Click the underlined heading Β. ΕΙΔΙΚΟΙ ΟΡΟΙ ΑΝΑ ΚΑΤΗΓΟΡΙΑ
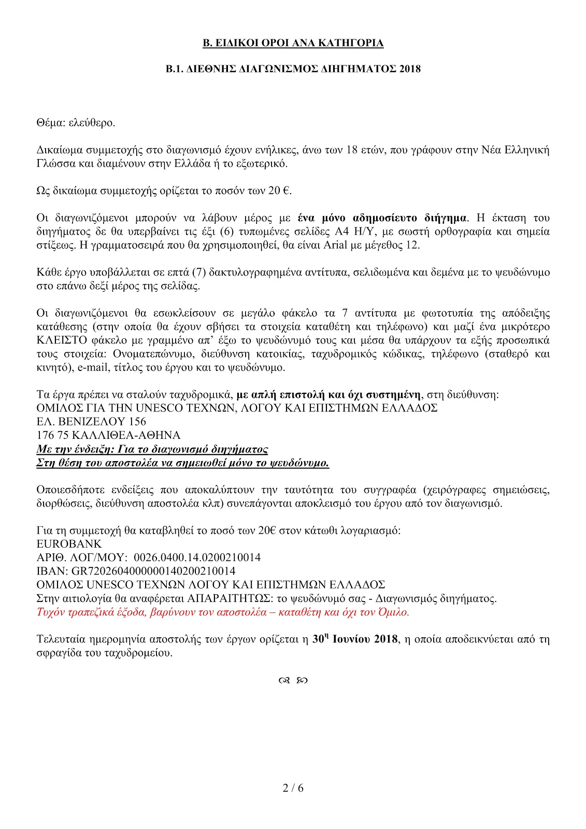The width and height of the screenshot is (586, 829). click(293, 43)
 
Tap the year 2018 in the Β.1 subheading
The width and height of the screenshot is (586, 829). click(410, 69)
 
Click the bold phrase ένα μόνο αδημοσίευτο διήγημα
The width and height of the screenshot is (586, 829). click(382, 218)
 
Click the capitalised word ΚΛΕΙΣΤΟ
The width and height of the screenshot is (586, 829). click(59, 340)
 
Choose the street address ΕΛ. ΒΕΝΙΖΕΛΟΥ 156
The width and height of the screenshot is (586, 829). click(91, 422)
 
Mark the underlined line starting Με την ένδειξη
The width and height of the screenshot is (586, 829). click(152, 449)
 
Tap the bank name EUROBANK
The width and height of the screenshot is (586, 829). click(69, 544)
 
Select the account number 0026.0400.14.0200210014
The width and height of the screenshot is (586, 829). click(197, 558)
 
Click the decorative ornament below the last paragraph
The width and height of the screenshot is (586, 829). click(293, 681)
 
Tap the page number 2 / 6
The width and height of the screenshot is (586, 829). click(293, 788)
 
